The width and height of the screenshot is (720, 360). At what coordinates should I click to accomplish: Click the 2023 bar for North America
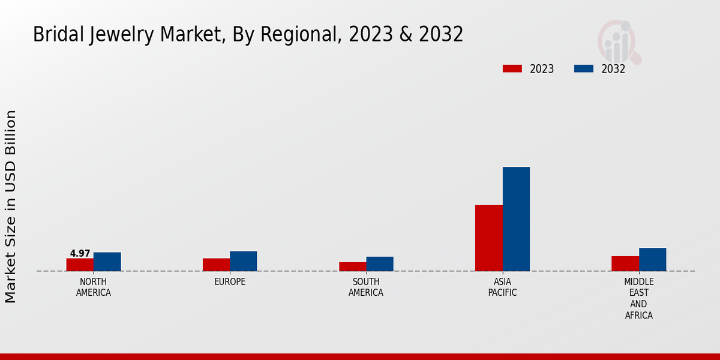(x=80, y=265)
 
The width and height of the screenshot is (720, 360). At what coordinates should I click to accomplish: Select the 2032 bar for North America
(x=107, y=262)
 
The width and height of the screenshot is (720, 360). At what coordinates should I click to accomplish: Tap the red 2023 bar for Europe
(x=216, y=265)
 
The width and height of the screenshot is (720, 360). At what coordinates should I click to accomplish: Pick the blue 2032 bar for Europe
(x=243, y=261)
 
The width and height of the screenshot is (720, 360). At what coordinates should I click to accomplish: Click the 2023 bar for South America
(x=352, y=266)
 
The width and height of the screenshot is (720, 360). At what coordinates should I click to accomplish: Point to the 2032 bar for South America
(x=380, y=264)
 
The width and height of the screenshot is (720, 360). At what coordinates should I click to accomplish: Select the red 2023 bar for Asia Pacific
(x=488, y=238)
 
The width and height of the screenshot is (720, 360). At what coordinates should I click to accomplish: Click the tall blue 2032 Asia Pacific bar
(x=516, y=219)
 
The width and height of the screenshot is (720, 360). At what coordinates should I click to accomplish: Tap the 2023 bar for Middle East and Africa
(x=625, y=263)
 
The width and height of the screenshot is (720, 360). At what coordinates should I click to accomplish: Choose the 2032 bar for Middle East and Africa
(x=652, y=259)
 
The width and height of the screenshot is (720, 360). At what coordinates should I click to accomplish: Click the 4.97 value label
(x=80, y=254)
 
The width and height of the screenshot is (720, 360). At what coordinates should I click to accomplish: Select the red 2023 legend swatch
(x=512, y=68)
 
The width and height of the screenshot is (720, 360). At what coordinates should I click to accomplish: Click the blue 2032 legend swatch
(x=583, y=68)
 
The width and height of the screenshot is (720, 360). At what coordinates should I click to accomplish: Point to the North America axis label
(x=94, y=287)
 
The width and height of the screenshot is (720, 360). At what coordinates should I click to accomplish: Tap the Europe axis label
(x=230, y=282)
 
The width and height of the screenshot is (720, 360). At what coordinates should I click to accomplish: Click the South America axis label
(x=366, y=287)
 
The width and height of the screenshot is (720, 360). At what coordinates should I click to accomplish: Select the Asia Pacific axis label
(x=502, y=287)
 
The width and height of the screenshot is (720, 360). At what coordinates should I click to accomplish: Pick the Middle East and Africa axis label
(x=638, y=298)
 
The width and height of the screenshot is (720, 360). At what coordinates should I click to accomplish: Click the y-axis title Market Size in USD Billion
(x=11, y=206)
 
